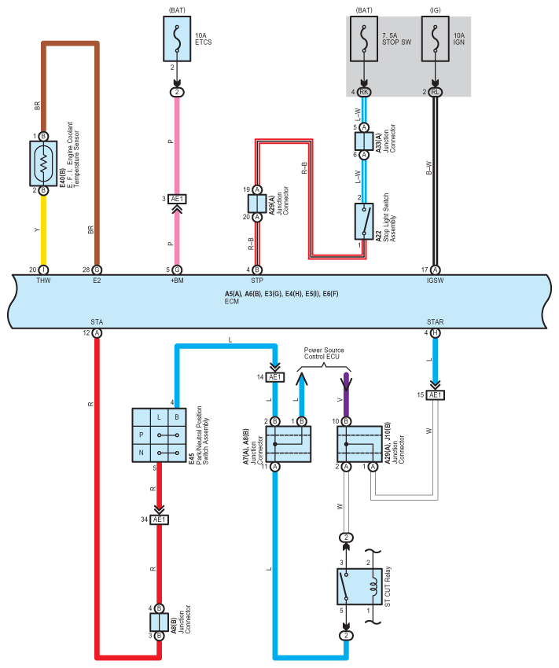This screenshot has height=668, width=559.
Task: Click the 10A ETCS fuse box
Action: click(177, 39)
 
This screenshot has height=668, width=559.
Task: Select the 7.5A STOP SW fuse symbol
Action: click(363, 39)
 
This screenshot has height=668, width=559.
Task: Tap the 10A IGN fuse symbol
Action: click(435, 39)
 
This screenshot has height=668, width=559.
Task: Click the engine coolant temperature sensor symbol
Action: click(43, 163)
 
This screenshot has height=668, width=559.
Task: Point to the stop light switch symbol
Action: click(364, 221)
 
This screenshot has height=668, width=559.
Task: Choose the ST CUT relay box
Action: click(359, 586)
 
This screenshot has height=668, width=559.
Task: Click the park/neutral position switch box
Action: click(159, 435)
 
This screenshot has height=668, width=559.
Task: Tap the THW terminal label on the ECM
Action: click(43, 281)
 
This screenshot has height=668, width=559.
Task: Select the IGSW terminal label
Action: click(435, 281)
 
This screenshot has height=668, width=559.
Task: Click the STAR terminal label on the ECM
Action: click(435, 321)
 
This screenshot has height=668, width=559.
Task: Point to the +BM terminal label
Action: click(177, 281)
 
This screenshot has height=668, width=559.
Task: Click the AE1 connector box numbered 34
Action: click(160, 519)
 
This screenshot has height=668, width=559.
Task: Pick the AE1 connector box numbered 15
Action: click(435, 395)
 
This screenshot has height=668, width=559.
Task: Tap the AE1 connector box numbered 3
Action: click(177, 199)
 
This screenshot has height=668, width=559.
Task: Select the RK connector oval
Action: click(363, 92)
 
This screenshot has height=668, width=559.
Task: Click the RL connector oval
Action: click(435, 92)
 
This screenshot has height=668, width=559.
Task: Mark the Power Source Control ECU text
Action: click(323, 353)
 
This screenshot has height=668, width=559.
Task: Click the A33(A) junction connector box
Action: click(364, 141)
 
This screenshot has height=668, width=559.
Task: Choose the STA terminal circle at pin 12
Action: click(97, 333)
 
